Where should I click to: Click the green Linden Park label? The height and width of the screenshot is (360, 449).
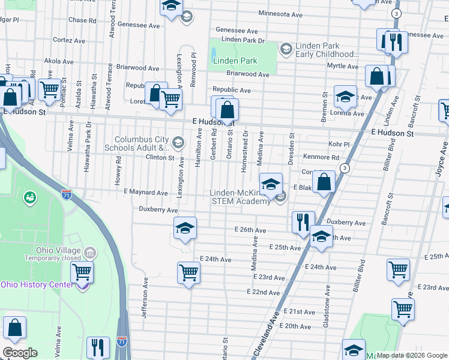point(235,61)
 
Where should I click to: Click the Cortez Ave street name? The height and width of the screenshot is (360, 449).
point(69,40)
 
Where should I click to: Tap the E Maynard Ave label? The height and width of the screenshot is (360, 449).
point(145,193)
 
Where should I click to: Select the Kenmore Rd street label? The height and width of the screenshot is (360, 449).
point(325,158)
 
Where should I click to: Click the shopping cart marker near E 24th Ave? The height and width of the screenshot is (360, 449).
point(188,273)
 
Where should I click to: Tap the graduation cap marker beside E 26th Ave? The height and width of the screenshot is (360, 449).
point(184,227)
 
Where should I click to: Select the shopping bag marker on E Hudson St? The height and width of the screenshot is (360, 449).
point(228,109)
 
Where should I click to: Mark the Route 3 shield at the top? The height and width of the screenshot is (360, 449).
point(396,13)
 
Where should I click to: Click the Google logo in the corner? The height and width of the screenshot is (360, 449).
point(20,353)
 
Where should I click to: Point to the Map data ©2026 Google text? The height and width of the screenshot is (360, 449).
point(412,355)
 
